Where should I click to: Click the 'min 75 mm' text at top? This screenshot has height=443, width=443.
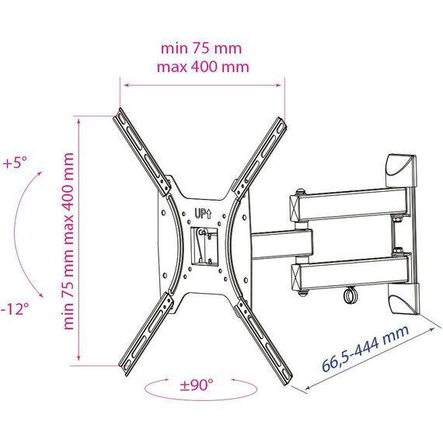[x=201, y=49]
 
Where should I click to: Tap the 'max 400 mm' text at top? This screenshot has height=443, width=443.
[x=203, y=68]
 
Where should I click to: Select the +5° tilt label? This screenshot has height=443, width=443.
[x=15, y=162]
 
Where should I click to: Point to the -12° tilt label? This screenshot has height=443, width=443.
[x=15, y=309]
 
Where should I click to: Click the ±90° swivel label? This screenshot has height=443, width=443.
[x=197, y=385]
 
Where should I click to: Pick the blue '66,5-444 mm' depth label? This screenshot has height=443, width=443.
[x=365, y=348]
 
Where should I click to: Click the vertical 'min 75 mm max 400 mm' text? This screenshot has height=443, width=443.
[x=68, y=241]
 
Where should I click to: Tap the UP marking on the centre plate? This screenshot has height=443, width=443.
[x=203, y=213]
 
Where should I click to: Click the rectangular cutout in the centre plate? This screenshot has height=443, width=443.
[x=204, y=246]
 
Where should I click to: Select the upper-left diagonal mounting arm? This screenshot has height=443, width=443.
[x=142, y=152]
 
